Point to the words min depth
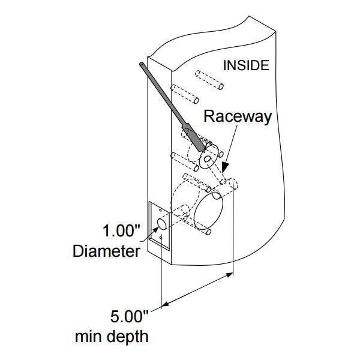pyautogui.click(x=112, y=336)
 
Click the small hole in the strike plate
pyautogui.click(x=161, y=226)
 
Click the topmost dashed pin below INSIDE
pyautogui.click(x=211, y=80)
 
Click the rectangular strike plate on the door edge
pyautogui.click(x=159, y=226)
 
